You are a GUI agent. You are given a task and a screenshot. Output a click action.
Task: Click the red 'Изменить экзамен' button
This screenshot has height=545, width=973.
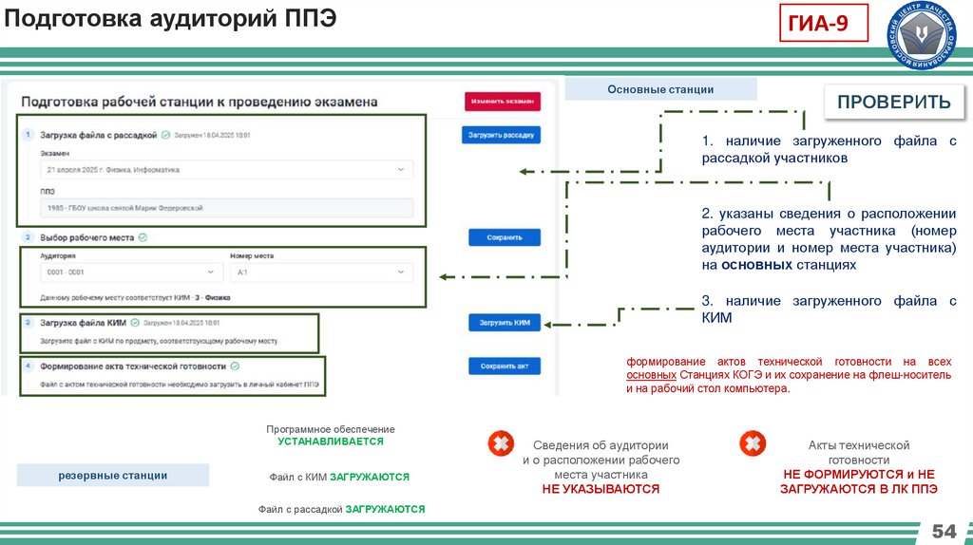coord(503,102)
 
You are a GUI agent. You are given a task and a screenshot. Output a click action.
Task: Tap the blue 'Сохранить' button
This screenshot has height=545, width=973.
coord(504,237)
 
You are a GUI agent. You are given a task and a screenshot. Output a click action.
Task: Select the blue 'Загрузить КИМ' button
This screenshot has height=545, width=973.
coord(504,323)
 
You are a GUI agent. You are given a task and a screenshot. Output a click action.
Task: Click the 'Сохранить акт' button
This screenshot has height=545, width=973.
coord(504,366)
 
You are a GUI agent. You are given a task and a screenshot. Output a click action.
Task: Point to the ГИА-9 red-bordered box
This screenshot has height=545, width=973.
coord(824,22)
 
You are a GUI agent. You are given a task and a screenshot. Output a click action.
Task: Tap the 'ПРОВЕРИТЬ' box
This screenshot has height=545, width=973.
coord(894,103)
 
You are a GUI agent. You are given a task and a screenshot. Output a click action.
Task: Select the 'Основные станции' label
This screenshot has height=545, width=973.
coord(660,89)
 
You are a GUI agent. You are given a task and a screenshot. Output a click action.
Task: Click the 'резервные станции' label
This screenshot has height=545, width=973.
coord(113,475)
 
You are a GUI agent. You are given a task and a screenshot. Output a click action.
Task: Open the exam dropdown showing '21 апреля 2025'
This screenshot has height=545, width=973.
coord(227,170)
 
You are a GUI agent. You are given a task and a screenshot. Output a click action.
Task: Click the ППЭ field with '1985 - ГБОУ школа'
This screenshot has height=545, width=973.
coord(227,208)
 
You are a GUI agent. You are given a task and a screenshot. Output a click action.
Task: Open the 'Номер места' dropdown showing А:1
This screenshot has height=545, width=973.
coord(321,273)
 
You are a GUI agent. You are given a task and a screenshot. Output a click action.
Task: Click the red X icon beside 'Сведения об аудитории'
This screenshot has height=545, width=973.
coord(500,443)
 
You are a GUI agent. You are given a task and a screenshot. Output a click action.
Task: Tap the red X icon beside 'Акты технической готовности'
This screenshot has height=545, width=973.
coord(753,443)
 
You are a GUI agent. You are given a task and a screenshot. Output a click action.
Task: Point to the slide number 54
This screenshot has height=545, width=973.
coord(944,530)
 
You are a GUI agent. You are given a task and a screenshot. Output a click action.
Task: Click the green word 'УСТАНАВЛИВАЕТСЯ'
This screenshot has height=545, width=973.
coord(331,442)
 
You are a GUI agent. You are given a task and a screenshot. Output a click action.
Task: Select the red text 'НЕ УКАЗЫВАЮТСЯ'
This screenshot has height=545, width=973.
coord(601,489)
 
